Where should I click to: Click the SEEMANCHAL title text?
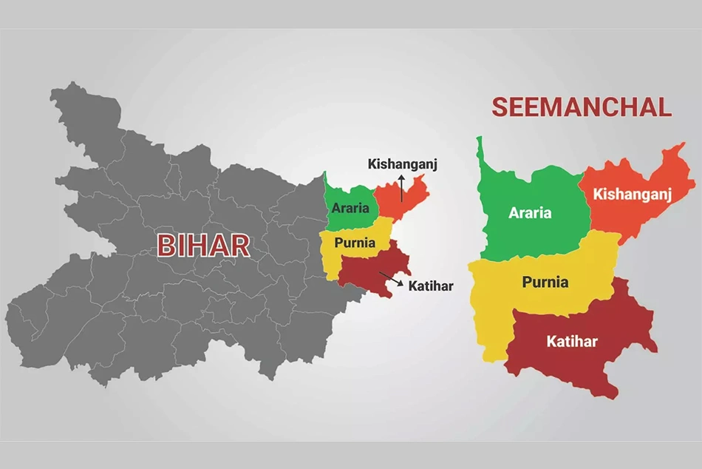click(582, 107)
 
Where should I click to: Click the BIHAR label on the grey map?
click(203, 246)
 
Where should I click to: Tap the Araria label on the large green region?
click(530, 213)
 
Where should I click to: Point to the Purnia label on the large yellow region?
click(545, 282)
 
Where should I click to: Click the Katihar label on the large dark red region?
click(572, 341)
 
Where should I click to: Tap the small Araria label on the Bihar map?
click(350, 208)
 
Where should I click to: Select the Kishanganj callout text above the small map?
click(403, 164)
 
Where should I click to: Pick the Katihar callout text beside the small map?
click(431, 286)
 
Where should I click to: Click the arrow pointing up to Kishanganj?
click(402, 188)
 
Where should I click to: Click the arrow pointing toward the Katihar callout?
click(392, 280)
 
